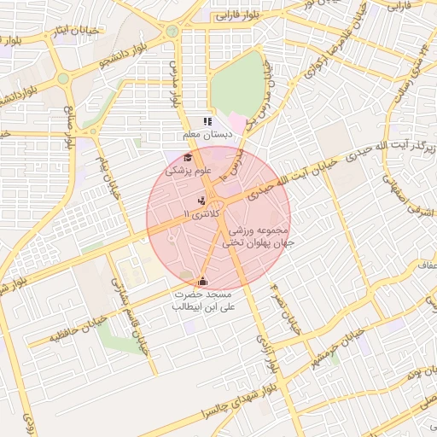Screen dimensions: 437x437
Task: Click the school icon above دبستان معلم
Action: coord(207,122)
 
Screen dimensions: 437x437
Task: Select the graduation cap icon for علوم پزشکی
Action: coord(189,157)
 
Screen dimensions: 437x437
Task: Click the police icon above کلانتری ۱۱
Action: coord(201,200)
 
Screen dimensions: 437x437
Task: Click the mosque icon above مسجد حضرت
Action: coord(202,281)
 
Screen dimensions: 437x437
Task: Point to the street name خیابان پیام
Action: coord(106,172)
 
